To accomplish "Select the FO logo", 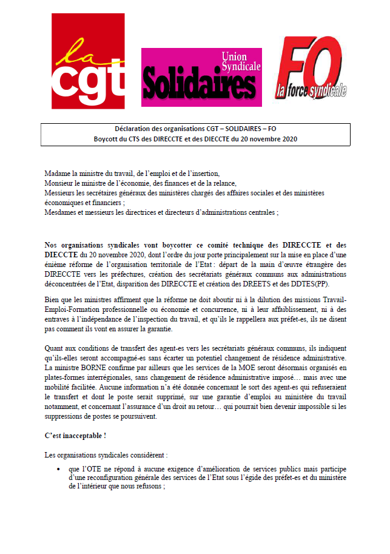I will click(x=312, y=68).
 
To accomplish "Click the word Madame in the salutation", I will click(x=58, y=174).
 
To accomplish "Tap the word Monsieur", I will click(x=60, y=183).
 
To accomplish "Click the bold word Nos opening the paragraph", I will click(x=52, y=246).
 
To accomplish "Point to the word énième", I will click(x=56, y=266).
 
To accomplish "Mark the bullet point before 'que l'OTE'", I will click(x=58, y=469).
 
